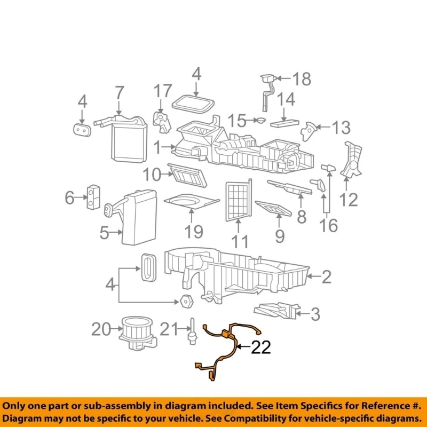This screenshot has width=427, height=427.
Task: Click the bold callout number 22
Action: point(261,347)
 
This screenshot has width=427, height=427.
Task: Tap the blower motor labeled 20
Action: point(138,333)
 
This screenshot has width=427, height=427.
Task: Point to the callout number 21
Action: point(169,329)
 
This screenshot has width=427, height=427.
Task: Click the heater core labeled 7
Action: point(128,139)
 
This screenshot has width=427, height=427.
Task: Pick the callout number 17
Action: point(163,91)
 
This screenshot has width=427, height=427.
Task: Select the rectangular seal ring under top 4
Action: point(193,104)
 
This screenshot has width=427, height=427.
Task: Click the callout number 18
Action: point(302,79)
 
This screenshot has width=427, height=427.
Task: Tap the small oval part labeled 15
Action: point(261,120)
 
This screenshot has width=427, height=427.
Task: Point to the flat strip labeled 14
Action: point(284,123)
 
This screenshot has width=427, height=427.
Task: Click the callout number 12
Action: point(349,200)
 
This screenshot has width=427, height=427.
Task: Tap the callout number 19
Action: point(194,232)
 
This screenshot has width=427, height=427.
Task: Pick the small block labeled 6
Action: point(93,197)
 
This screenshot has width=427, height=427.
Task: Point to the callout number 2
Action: point(326,277)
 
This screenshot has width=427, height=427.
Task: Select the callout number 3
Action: point(315,314)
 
